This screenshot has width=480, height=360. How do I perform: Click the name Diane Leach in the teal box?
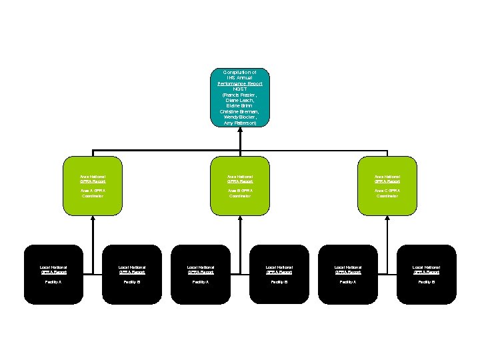click(x=240, y=100)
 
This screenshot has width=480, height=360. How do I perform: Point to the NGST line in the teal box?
click(x=240, y=89)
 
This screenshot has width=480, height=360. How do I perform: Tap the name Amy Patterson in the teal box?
click(x=240, y=123)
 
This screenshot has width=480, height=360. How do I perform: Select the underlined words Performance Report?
click(x=240, y=83)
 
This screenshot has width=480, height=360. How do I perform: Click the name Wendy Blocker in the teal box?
click(x=240, y=117)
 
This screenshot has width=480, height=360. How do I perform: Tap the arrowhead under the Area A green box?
click(x=93, y=218)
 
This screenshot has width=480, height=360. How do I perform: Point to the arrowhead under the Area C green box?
click(x=387, y=218)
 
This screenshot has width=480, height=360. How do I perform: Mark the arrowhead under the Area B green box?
click(x=240, y=218)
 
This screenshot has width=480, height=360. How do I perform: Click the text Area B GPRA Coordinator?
click(x=240, y=193)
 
